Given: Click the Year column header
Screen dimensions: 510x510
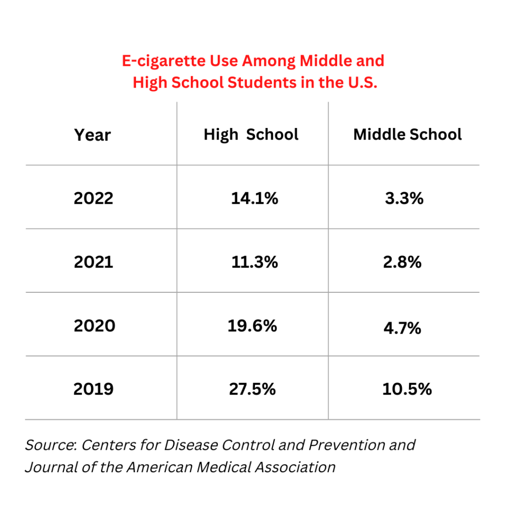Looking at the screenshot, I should pyautogui.click(x=93, y=135).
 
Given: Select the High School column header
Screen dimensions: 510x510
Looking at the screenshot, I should pyautogui.click(x=251, y=134).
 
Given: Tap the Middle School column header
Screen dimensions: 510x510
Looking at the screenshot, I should pyautogui.click(x=407, y=134).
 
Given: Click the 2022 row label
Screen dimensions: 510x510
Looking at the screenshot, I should pyautogui.click(x=94, y=198).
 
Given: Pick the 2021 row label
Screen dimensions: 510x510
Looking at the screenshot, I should pyautogui.click(x=94, y=262).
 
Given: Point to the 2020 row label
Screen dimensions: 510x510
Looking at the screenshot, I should pyautogui.click(x=94, y=326).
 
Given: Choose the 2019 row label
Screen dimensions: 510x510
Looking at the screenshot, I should pyautogui.click(x=94, y=389).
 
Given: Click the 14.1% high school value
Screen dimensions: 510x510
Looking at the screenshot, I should pyautogui.click(x=254, y=198).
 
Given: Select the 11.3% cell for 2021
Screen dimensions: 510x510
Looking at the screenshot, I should pyautogui.click(x=254, y=262).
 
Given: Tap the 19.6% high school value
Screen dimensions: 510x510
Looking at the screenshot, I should pyautogui.click(x=253, y=326).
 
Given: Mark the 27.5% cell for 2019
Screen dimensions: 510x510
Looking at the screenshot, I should pyautogui.click(x=253, y=389).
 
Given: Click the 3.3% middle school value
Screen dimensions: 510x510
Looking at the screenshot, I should pyautogui.click(x=404, y=198).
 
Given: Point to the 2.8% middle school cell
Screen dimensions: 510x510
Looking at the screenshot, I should pyautogui.click(x=402, y=262).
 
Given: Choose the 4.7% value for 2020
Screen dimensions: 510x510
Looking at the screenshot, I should pyautogui.click(x=402, y=328).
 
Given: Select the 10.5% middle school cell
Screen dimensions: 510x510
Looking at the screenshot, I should pyautogui.click(x=407, y=389).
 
